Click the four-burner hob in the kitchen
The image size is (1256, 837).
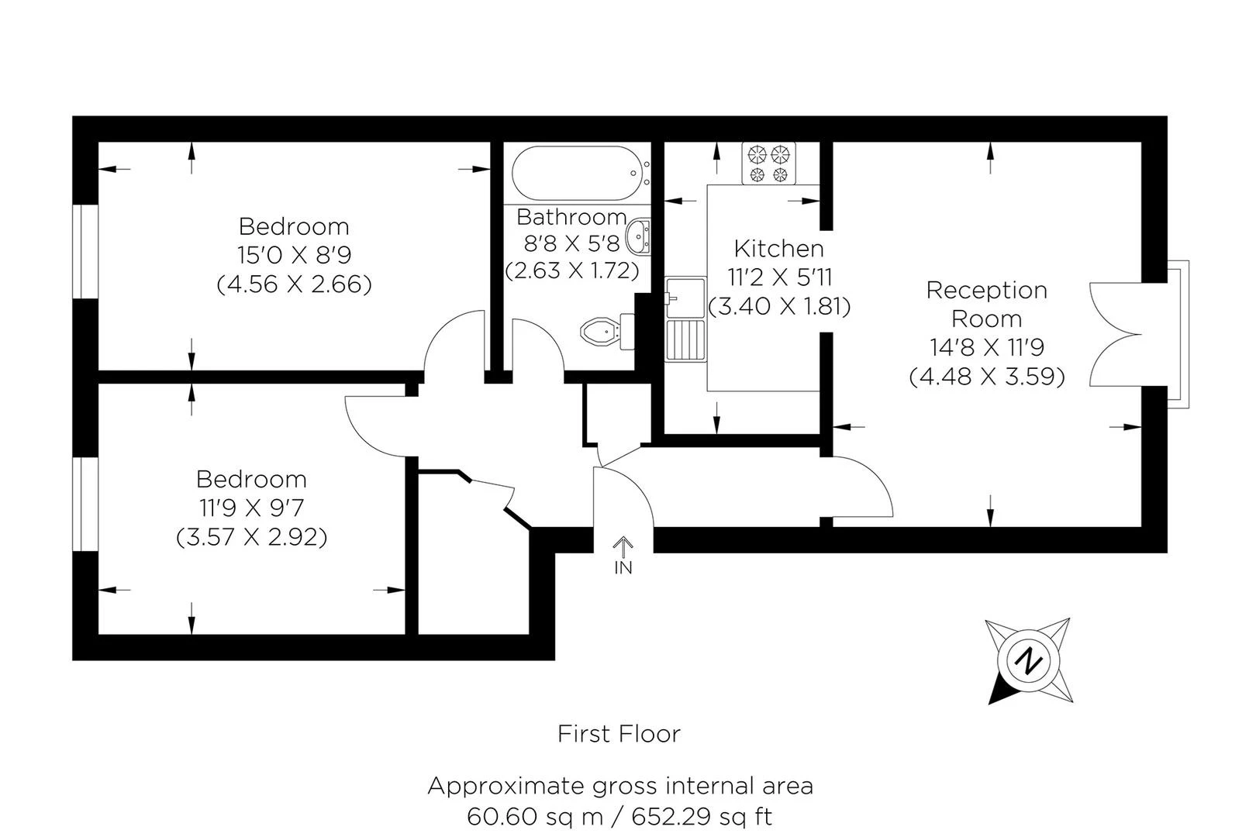tap(769, 164)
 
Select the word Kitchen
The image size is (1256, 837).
tap(778, 249)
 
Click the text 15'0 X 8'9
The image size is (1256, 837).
tap(294, 255)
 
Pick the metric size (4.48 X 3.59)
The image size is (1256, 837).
tap(986, 376)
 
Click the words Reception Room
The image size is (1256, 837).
tap(986, 304)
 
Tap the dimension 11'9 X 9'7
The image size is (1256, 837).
tap(251, 508)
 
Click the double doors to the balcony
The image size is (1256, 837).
tap(1116, 335)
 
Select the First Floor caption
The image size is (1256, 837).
tap(619, 733)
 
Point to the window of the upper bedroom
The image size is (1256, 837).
tap(85, 250)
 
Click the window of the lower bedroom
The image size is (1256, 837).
tap(85, 504)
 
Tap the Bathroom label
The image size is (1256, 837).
tap(571, 216)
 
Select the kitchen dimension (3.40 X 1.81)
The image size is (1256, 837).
tap(779, 306)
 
